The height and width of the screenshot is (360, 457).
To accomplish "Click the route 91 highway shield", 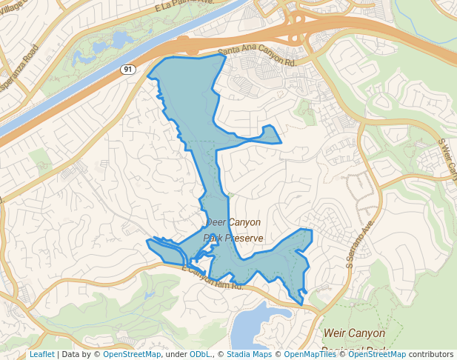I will [x=128, y=69].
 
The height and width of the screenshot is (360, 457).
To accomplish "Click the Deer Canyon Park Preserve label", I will [x=233, y=230].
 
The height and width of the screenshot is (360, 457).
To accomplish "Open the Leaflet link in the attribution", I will [x=41, y=354].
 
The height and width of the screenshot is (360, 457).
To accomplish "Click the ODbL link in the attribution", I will [x=199, y=354].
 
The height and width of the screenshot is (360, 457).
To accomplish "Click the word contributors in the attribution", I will [x=430, y=354].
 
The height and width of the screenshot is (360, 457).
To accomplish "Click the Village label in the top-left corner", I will [x=15, y=4].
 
